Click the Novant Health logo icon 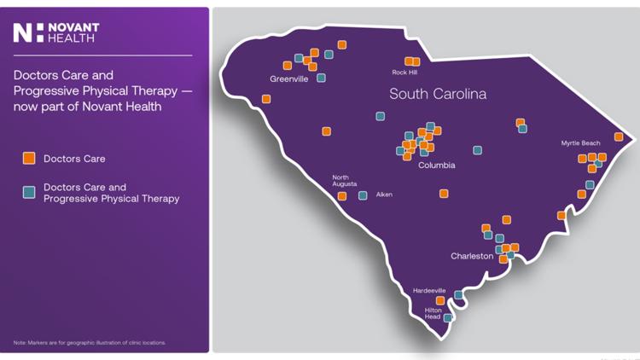pyautogui.click(x=23, y=33)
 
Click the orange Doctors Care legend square pyautogui.click(x=29, y=159)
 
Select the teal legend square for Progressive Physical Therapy pyautogui.click(x=29, y=193)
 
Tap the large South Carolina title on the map pyautogui.click(x=438, y=94)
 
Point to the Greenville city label pyautogui.click(x=288, y=79)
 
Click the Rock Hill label pyautogui.click(x=404, y=73)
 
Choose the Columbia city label pyautogui.click(x=436, y=165)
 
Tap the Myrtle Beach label pyautogui.click(x=580, y=143)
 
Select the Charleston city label pyautogui.click(x=472, y=256)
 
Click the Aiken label pyautogui.click(x=384, y=195)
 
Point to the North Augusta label pyautogui.click(x=345, y=181)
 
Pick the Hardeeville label pyautogui.click(x=429, y=291)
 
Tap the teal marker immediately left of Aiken pyautogui.click(x=363, y=196)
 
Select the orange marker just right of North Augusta pyautogui.click(x=342, y=196)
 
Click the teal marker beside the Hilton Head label pyautogui.click(x=448, y=318)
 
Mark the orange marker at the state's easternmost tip pyautogui.click(x=619, y=136)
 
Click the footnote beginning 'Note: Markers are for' pyautogui.click(x=90, y=343)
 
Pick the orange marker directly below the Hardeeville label pyautogui.click(x=440, y=300)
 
